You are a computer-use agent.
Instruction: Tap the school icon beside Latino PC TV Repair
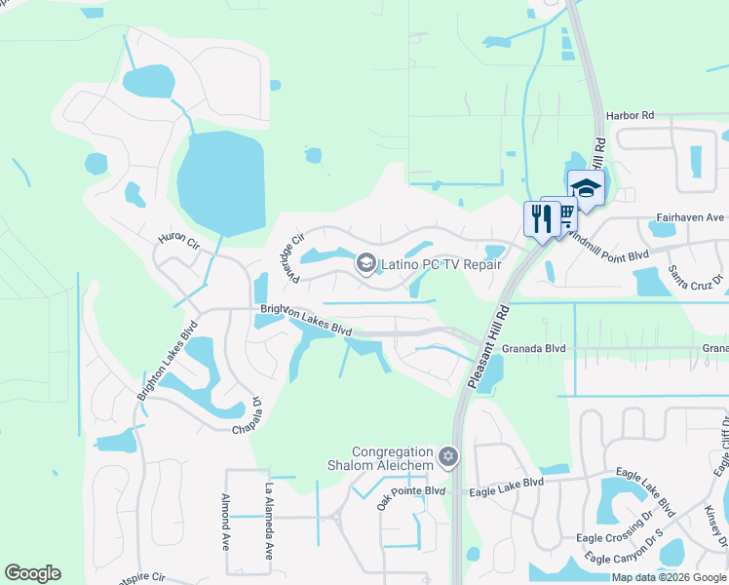tap(366, 261)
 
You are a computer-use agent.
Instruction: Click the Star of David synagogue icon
tap(448, 454)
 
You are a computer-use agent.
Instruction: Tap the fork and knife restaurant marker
tap(539, 218)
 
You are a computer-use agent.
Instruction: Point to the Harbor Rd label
tap(628, 115)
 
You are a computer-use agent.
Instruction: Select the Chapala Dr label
tap(246, 419)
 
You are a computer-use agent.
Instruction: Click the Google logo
tap(32, 573)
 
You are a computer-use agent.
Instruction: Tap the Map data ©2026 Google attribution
tap(670, 577)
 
